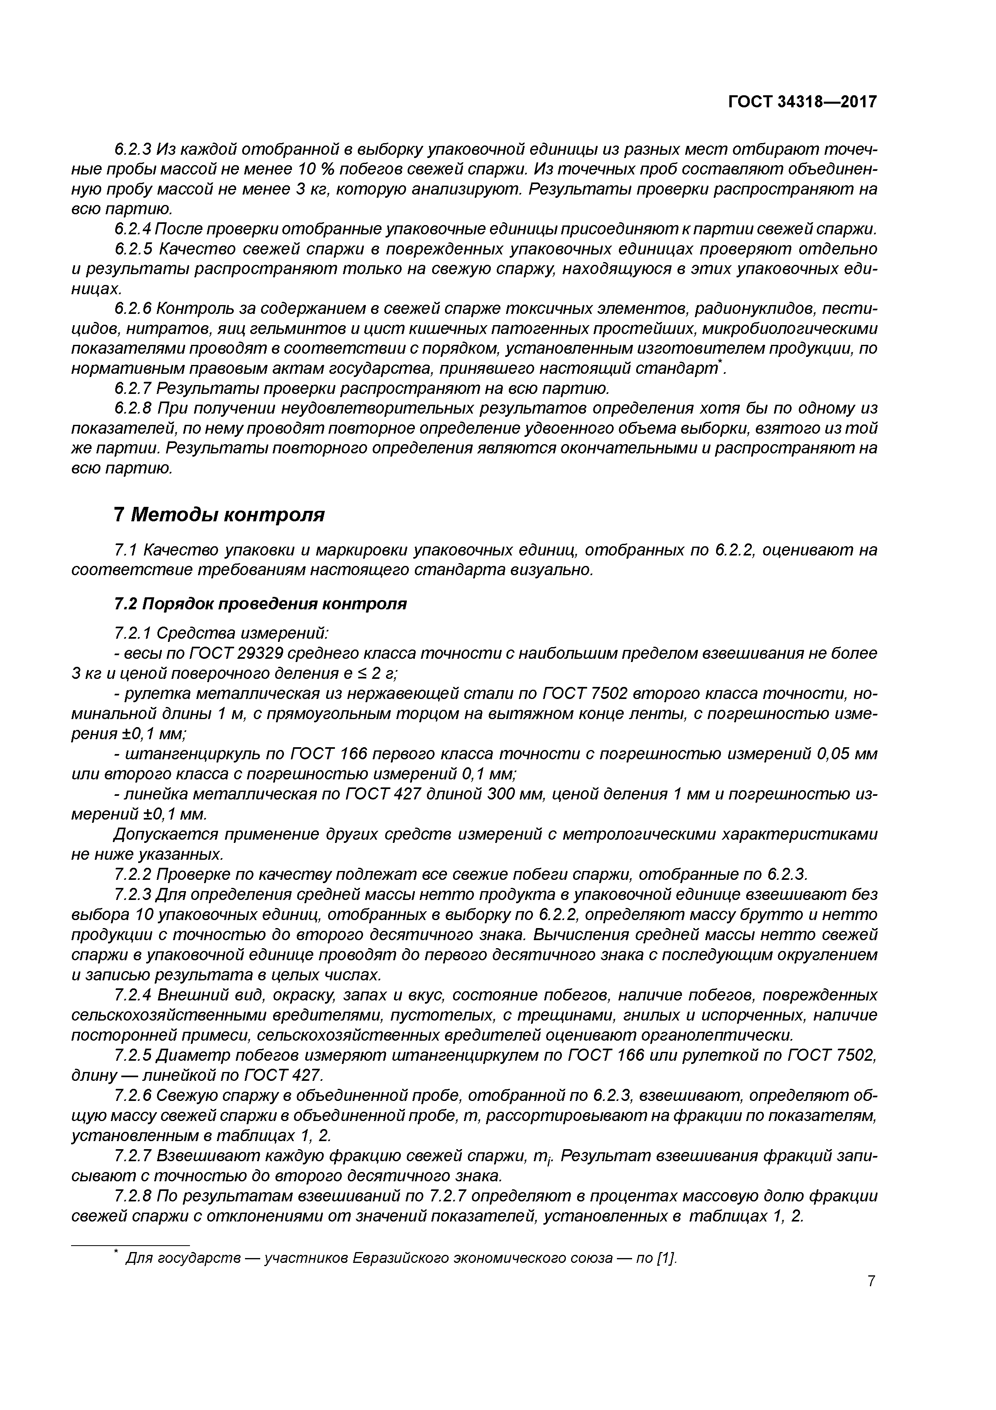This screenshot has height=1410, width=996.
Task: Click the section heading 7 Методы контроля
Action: tap(219, 514)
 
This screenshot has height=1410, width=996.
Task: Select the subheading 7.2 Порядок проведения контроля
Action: tap(260, 604)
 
